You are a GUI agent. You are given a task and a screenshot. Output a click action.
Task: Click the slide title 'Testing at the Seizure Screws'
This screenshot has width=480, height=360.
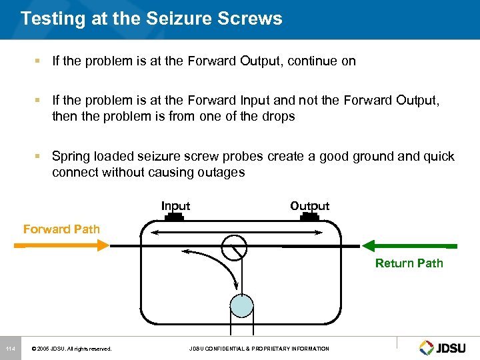[x=151, y=19]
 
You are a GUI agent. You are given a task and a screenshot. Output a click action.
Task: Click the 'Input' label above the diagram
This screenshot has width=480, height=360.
[x=175, y=206]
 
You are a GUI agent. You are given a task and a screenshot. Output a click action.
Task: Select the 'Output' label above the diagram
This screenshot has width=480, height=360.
[x=309, y=206]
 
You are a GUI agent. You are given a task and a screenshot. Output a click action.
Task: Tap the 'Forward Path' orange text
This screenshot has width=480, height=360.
[x=61, y=229]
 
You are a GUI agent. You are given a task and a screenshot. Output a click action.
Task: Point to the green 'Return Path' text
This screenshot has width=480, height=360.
[x=409, y=263]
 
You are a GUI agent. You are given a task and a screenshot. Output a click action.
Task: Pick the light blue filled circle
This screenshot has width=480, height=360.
[x=241, y=305]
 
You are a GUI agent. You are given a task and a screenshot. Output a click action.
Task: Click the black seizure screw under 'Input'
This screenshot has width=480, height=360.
[x=175, y=217]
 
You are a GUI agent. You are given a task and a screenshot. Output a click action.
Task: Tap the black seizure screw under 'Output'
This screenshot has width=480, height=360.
[x=309, y=217]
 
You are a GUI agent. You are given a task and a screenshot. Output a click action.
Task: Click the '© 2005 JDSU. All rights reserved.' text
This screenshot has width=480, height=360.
[x=71, y=349]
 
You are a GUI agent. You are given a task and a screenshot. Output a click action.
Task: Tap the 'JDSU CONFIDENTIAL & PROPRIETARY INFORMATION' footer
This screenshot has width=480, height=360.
[x=259, y=349]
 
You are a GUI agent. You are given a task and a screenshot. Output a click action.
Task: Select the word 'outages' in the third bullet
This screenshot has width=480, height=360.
[x=222, y=173]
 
